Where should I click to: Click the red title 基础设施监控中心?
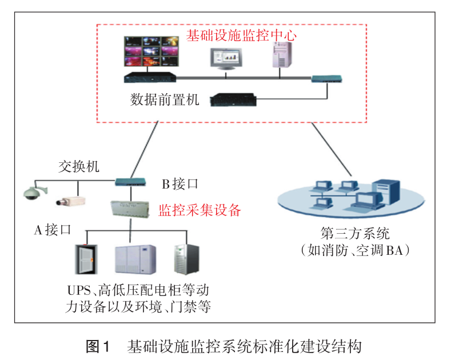(x=242, y=35)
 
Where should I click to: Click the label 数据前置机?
(x=165, y=101)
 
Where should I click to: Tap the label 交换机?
(x=79, y=167)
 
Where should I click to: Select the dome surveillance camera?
(x=31, y=193)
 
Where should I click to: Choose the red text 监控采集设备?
(x=199, y=210)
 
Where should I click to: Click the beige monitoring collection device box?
(x=131, y=209)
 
